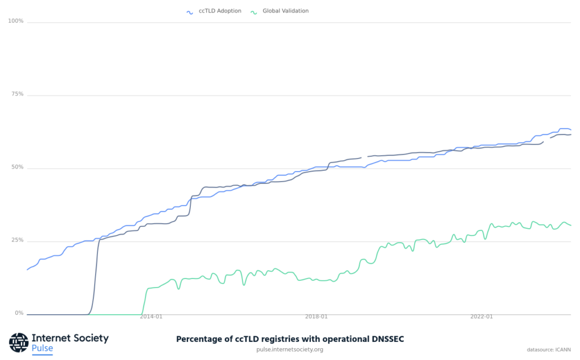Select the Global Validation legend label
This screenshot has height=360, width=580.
click(x=285, y=11)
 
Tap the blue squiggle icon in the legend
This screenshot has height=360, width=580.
click(x=190, y=11)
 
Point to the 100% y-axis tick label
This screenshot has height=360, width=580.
click(x=16, y=21)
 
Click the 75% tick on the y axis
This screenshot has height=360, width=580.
click(x=18, y=94)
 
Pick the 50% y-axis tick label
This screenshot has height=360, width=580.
click(x=18, y=168)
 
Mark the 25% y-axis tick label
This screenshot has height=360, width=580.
click(x=18, y=241)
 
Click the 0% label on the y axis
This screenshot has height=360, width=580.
click(x=19, y=313)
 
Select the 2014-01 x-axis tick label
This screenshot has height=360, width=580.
click(x=151, y=317)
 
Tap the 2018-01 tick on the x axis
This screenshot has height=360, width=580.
click(x=316, y=317)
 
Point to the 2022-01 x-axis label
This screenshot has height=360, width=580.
click(x=481, y=317)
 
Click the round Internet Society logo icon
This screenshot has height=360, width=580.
click(x=19, y=342)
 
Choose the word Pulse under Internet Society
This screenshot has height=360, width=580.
click(x=42, y=348)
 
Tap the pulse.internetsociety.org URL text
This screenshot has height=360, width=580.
click(x=290, y=349)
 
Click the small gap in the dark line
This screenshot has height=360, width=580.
click(x=364, y=157)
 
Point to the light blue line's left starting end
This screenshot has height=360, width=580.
click(x=27, y=269)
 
